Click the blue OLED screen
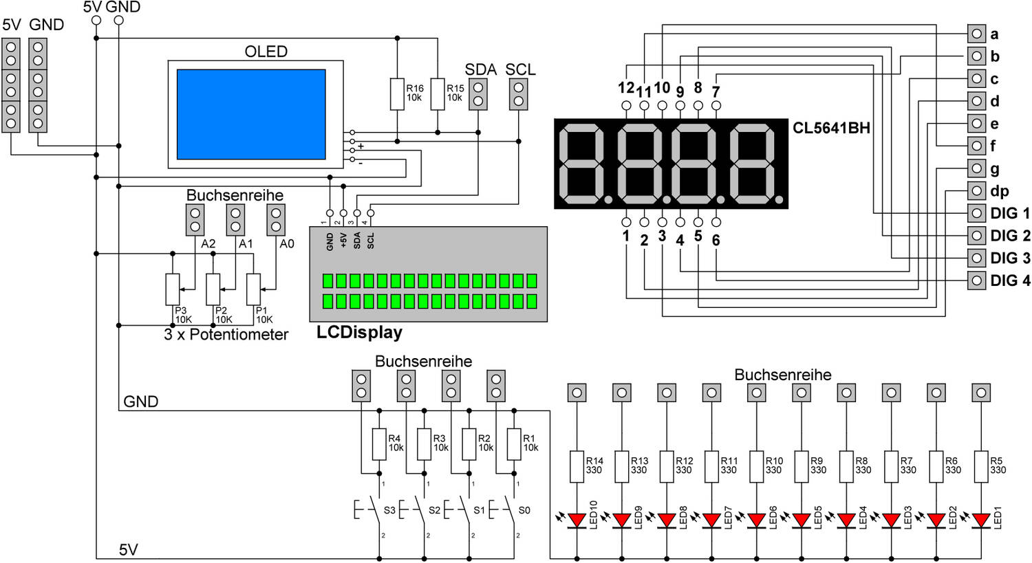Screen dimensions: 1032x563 tap(251, 114)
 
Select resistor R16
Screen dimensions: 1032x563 tap(397, 94)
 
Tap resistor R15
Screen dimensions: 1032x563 tap(438, 94)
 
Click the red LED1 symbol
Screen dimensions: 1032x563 tap(981, 520)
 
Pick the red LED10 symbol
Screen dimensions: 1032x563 tap(577, 520)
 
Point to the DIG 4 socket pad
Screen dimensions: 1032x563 tap(976, 280)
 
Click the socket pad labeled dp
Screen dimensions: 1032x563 tap(976, 190)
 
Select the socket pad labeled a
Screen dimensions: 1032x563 tap(976, 34)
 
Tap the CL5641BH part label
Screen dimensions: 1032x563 tap(831, 128)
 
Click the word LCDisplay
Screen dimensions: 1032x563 tap(359, 332)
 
